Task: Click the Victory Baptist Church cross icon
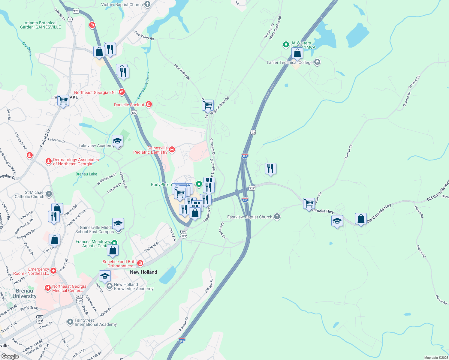(147, 4)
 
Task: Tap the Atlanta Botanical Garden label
(40, 25)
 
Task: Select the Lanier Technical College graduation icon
(317, 62)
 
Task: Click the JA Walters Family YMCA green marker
(286, 45)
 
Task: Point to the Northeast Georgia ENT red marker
(122, 92)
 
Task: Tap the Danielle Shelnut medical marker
(149, 104)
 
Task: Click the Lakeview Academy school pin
(117, 141)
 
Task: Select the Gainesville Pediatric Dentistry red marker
(172, 149)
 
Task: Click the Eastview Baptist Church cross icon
(277, 217)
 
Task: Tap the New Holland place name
(143, 272)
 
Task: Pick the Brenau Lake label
(86, 174)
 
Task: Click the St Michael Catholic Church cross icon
(49, 194)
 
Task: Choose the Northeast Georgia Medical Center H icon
(47, 288)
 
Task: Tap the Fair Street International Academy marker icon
(70, 322)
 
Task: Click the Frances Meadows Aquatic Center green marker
(114, 243)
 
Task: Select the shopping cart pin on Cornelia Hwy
(309, 203)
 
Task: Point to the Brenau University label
(24, 293)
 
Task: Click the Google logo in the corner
(10, 356)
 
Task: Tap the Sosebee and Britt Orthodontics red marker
(140, 263)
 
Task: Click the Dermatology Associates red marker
(49, 161)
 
